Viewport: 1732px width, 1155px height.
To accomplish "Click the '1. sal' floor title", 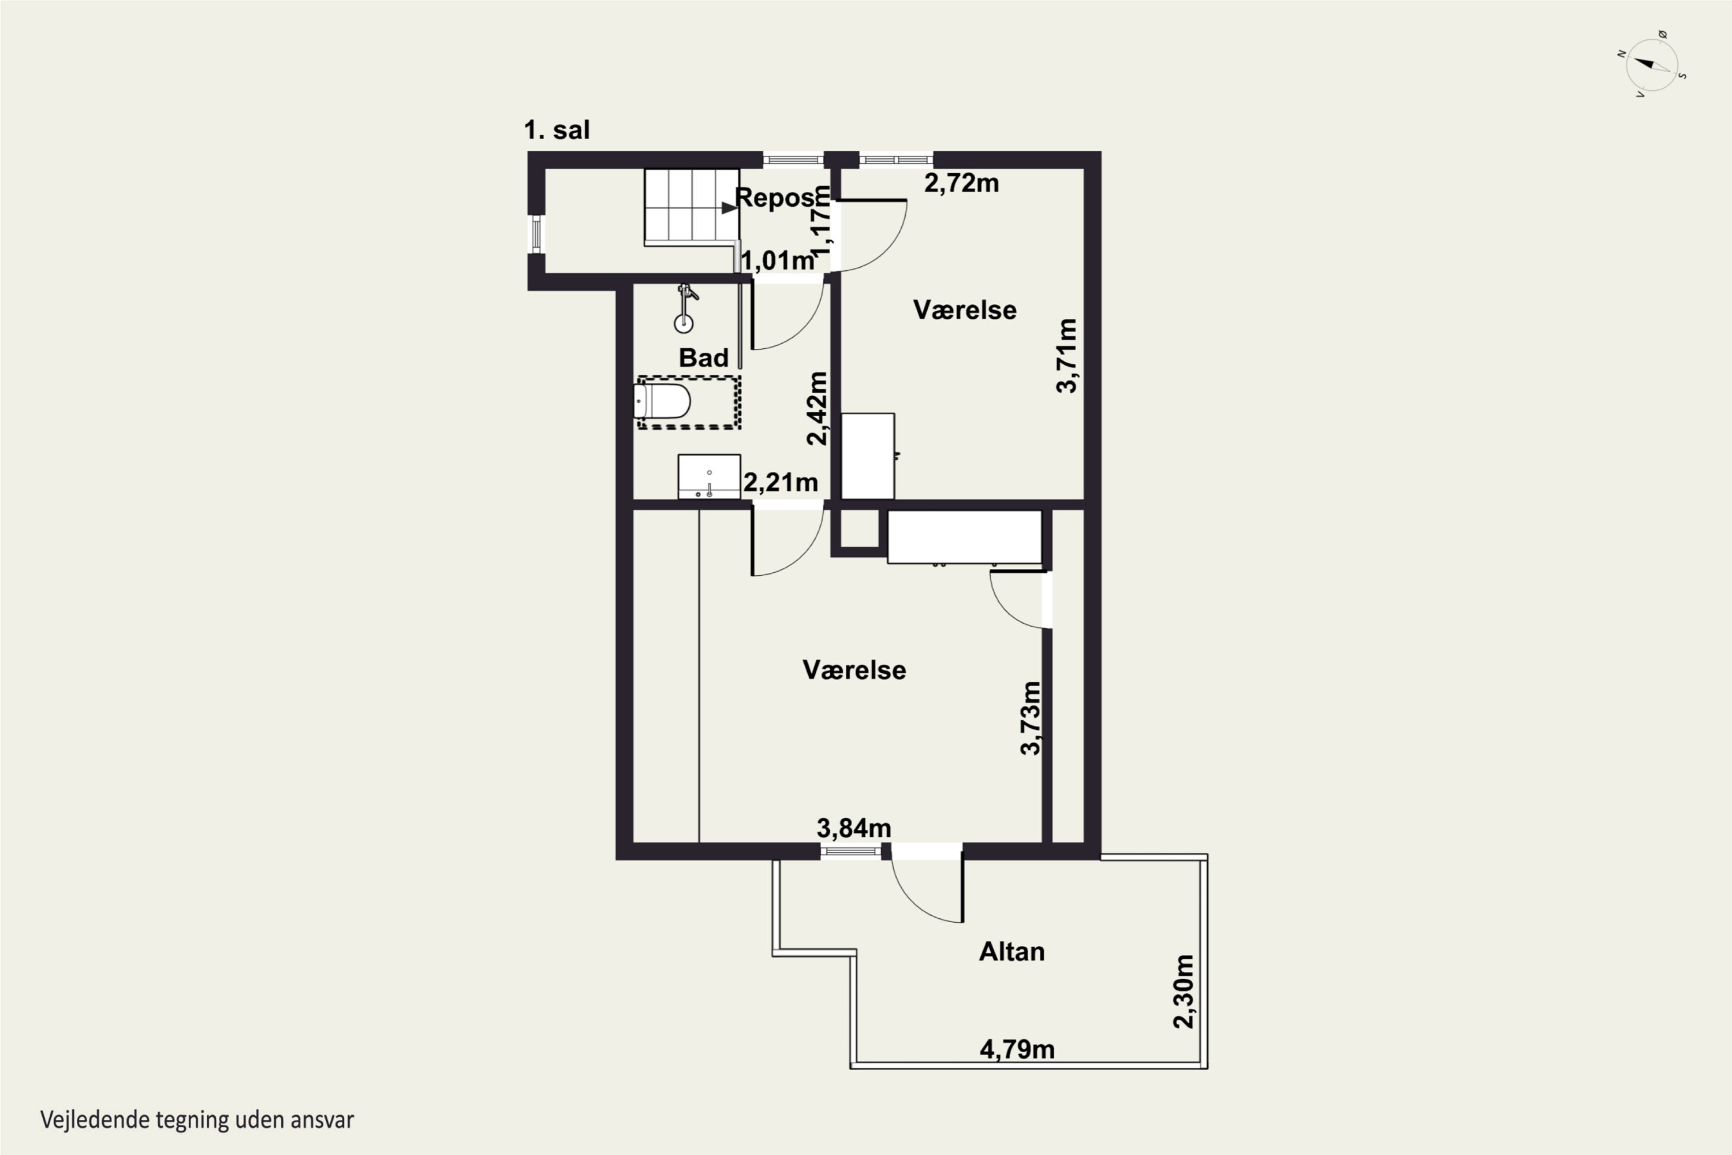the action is (557, 131).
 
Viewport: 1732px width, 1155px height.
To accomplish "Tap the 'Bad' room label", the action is (703, 358).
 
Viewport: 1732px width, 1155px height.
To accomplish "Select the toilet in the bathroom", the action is (662, 401).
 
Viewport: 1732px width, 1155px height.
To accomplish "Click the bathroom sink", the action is (709, 476).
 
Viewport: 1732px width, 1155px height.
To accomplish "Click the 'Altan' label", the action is (1012, 952).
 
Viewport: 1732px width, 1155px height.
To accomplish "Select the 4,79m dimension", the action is (1017, 1049).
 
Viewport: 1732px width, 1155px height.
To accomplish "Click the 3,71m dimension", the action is (1066, 356).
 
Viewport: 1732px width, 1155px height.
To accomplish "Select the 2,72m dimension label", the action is (962, 182).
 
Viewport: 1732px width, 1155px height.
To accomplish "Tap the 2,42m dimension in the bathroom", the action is (817, 408).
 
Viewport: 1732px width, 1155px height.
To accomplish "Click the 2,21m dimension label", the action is (781, 482).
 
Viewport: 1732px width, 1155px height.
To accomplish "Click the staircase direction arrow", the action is (729, 208).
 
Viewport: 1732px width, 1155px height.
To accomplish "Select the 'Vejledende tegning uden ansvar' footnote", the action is (197, 1120).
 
